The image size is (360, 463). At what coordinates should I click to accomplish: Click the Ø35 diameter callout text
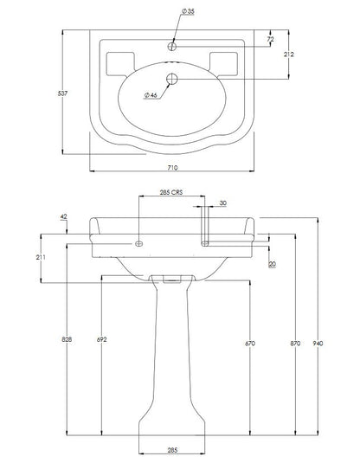(x=188, y=11)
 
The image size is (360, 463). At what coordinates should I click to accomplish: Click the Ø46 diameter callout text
(x=151, y=95)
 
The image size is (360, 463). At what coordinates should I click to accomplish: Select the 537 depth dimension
(x=62, y=93)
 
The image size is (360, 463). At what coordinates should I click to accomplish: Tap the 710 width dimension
(x=173, y=167)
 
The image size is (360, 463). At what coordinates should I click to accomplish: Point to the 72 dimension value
(x=271, y=39)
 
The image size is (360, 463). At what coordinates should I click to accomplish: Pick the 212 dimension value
(x=289, y=54)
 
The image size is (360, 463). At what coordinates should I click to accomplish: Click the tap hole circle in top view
(x=172, y=47)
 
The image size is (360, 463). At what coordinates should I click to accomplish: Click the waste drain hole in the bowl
(x=171, y=79)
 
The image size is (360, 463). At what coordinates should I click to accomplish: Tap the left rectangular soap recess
(x=120, y=63)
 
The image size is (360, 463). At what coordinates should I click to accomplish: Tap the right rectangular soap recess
(x=223, y=63)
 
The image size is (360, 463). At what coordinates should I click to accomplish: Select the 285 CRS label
(x=171, y=192)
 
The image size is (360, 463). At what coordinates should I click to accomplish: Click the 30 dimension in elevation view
(x=223, y=203)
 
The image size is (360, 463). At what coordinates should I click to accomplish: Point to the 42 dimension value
(x=63, y=216)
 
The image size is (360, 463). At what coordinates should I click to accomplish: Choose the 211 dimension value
(x=41, y=257)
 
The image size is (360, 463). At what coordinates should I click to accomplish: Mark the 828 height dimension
(x=67, y=339)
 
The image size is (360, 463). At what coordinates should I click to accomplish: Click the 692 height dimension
(x=101, y=339)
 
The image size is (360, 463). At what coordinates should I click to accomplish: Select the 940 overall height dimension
(x=318, y=343)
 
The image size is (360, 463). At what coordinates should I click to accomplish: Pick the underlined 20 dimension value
(x=273, y=264)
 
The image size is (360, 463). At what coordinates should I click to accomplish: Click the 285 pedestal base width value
(x=172, y=450)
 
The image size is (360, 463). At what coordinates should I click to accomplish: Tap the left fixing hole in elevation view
(x=138, y=243)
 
